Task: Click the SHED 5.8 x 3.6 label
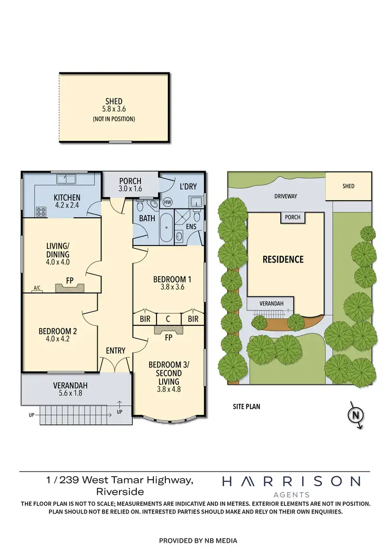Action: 114,106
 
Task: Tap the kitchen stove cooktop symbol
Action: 40,211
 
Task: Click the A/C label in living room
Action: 36,287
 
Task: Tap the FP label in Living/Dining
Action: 70,281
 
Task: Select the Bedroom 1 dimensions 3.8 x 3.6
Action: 168,286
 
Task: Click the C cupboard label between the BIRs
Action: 168,318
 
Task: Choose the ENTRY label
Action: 115,350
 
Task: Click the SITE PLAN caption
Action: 246,406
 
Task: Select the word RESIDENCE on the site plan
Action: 282,259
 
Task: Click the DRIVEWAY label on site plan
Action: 285,196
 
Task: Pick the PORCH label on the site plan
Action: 292,217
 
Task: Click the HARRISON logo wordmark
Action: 291,481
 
